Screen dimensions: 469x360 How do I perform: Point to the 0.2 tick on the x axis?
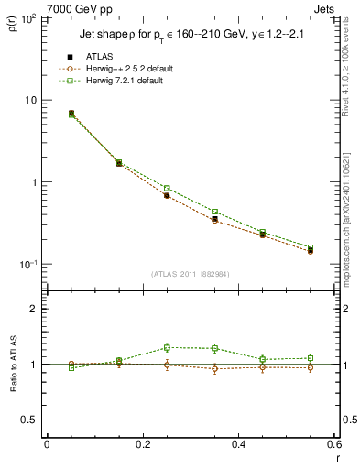[x=143, y=443]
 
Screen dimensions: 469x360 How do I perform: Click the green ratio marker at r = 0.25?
[x=167, y=347]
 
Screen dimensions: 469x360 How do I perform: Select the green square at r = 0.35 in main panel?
[x=214, y=212]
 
